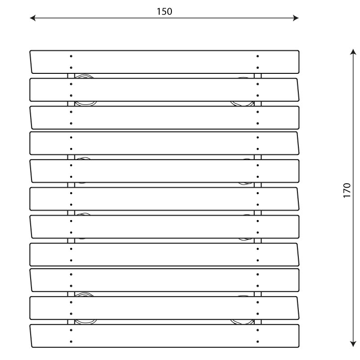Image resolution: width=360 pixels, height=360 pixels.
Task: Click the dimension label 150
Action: [x=164, y=12]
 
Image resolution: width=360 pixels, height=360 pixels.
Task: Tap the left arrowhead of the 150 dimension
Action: [x=31, y=18]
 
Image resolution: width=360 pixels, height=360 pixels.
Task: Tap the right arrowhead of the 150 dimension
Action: [x=297, y=18]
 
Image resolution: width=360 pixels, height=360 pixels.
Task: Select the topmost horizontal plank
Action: [x=164, y=62]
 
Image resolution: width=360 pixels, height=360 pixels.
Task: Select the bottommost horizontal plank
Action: [x=164, y=336]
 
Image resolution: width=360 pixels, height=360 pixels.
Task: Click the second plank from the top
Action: [x=164, y=90]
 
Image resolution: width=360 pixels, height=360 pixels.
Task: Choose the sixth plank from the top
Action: [x=164, y=198]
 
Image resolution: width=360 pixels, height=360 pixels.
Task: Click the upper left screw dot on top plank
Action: [x=71, y=56]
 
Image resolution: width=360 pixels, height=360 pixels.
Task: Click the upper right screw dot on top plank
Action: [x=257, y=56]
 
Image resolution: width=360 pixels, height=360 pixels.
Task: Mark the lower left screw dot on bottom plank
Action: [x=71, y=342]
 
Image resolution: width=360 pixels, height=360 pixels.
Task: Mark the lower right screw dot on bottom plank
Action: [x=257, y=342]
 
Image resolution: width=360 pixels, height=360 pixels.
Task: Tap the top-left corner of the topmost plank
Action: [x=31, y=51]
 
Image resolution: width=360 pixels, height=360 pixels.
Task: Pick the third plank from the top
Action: [x=164, y=117]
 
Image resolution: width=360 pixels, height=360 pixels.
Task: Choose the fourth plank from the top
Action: [x=164, y=143]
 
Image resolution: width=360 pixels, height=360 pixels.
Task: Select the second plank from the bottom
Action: [x=164, y=308]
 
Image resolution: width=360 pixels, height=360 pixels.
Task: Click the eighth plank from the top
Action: [x=164, y=254]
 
